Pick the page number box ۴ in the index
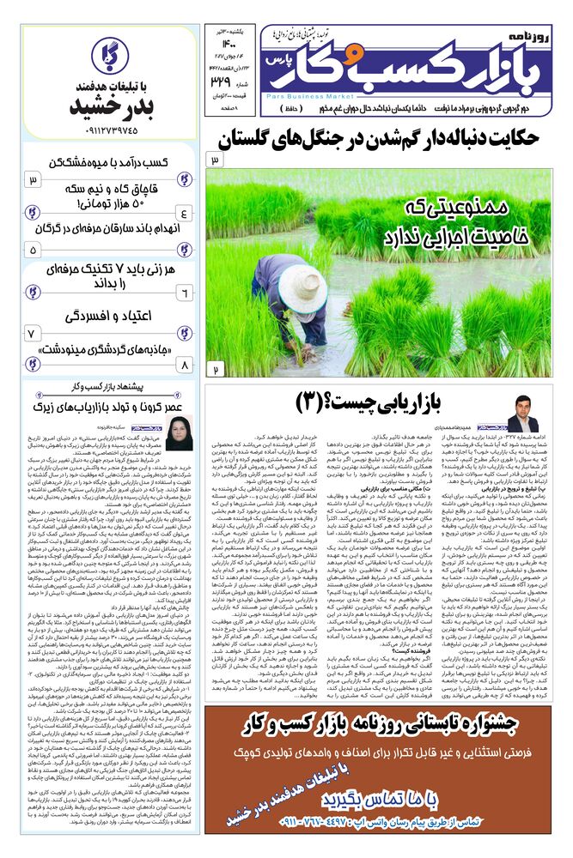point(183,213)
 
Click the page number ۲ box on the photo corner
point(215,368)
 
